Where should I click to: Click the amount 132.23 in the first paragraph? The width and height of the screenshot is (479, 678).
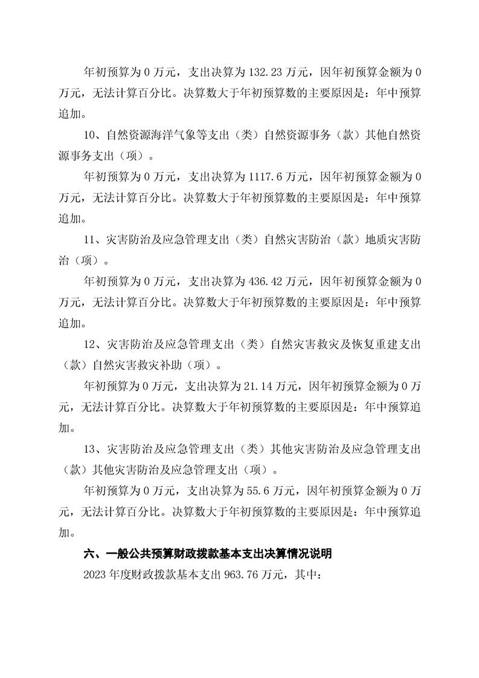[265, 73]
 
